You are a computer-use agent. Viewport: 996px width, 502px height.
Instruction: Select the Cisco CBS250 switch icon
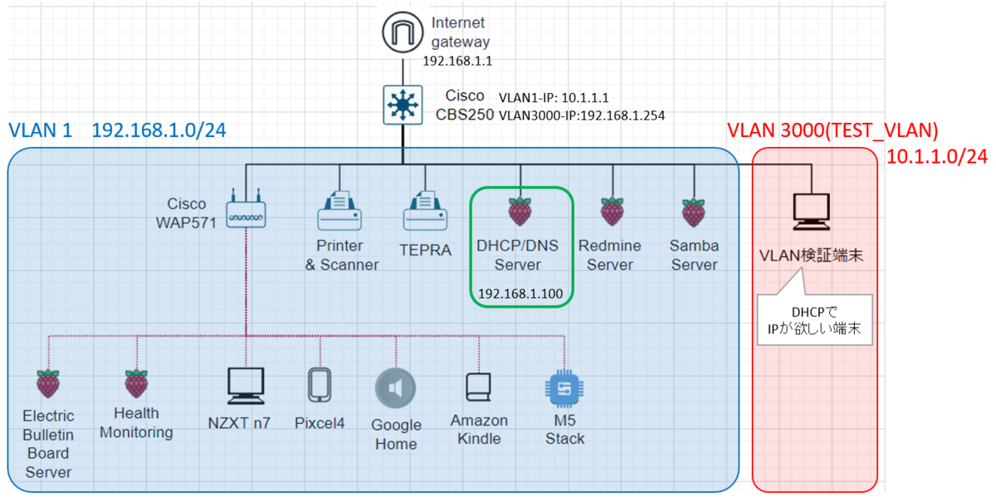pyautogui.click(x=402, y=105)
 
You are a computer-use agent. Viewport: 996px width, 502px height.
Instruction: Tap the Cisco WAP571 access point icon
pyautogui.click(x=246, y=212)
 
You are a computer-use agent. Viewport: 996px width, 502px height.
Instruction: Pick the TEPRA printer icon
pyautogui.click(x=425, y=212)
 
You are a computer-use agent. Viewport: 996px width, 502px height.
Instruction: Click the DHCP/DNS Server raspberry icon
pyautogui.click(x=520, y=212)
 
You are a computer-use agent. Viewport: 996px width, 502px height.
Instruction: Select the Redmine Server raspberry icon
pyautogui.click(x=613, y=212)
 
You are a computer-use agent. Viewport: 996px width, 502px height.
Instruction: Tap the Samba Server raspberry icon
pyautogui.click(x=692, y=212)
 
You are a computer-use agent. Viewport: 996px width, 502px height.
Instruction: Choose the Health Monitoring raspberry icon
pyautogui.click(x=136, y=384)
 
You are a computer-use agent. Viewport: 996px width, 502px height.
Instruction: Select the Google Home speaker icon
pyautogui.click(x=395, y=388)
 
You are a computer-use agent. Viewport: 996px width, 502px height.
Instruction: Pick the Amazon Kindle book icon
pyautogui.click(x=479, y=387)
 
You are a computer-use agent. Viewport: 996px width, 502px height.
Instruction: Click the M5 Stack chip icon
pyautogui.click(x=564, y=388)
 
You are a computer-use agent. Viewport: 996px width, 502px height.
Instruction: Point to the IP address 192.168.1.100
pyautogui.click(x=520, y=294)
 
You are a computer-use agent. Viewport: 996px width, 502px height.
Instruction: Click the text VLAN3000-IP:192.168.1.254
pyautogui.click(x=582, y=115)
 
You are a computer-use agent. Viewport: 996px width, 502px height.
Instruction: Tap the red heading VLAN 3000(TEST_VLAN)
pyautogui.click(x=832, y=130)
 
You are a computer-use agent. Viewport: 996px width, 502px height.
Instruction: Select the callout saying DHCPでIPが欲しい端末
pyautogui.click(x=813, y=320)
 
